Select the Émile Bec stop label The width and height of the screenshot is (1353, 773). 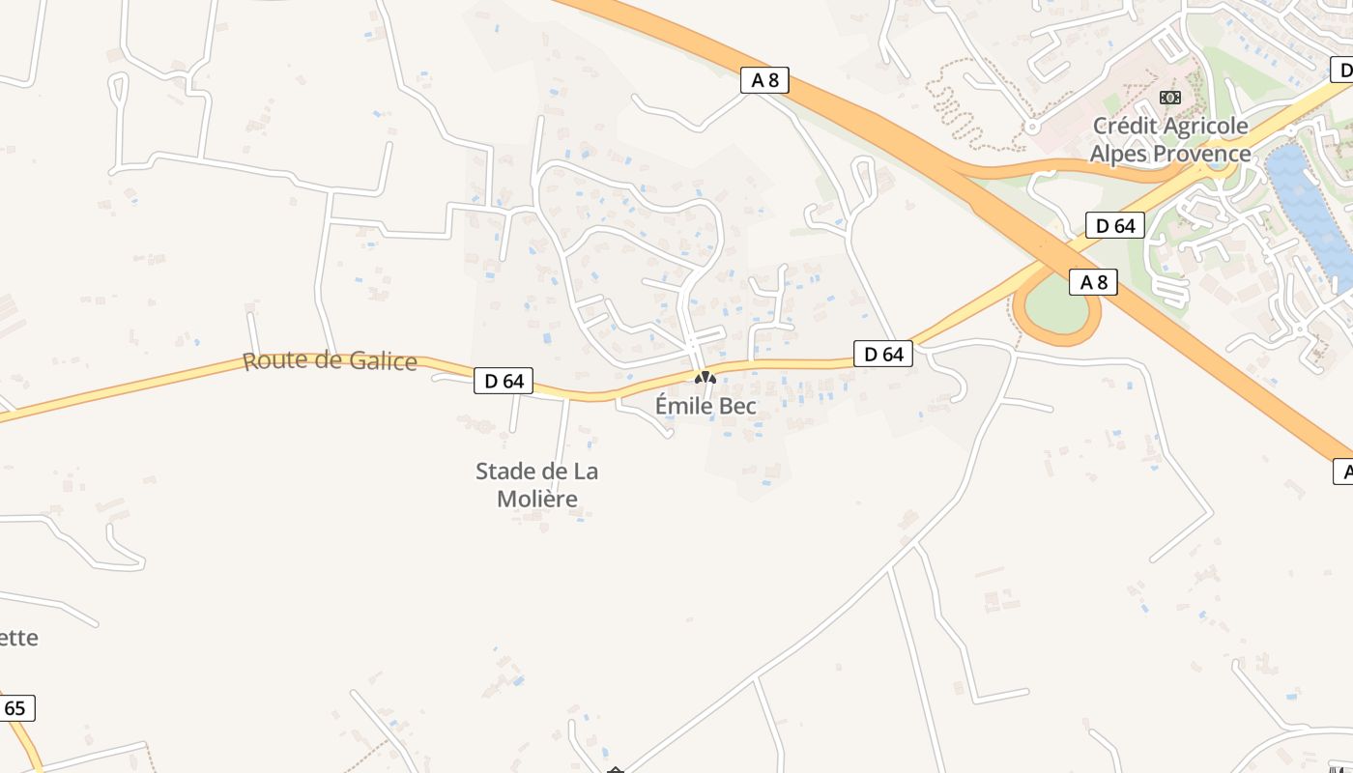[705, 406]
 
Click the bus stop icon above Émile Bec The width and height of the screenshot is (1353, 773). [705, 378]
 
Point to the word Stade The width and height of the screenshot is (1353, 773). [506, 472]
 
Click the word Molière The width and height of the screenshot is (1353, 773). [537, 499]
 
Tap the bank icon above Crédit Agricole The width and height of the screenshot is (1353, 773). [1170, 98]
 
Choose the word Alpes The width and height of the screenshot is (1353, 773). [1119, 154]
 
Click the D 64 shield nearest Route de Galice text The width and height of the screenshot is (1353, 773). [504, 381]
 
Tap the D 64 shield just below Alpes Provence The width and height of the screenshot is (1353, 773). [1114, 226]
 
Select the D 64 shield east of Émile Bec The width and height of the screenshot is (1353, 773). [883, 354]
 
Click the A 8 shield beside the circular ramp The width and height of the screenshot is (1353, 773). [1093, 282]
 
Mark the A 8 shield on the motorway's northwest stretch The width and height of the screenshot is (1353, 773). [764, 80]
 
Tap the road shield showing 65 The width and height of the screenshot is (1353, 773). [14, 708]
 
